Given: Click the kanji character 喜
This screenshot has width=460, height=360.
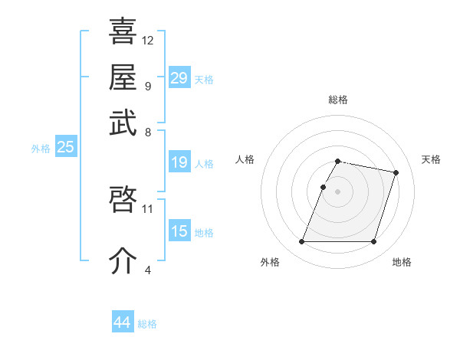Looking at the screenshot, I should coord(123,31).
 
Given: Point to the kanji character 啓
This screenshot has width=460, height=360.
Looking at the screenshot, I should coord(123,200).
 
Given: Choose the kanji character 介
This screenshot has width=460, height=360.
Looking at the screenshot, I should coord(123,260).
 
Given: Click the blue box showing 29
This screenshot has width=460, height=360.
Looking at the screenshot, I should coord(179,78).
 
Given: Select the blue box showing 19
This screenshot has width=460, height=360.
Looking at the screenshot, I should coord(179,162).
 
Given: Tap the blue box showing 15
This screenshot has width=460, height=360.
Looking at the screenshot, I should coord(179,231).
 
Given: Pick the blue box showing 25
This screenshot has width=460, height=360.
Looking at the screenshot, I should coord(65,148).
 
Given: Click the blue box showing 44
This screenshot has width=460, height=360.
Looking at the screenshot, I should coord(122,322).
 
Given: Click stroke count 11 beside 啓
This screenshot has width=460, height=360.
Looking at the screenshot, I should coord(148,208).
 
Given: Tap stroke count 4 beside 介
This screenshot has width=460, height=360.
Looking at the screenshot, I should coord(147,270).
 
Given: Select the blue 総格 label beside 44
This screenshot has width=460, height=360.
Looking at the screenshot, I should coord(147,324).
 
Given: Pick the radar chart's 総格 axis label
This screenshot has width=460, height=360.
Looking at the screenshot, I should coord(338,100).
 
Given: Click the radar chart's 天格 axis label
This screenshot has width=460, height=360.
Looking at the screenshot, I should coord(431,159).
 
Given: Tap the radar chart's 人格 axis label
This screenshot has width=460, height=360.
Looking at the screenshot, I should coord(245,159).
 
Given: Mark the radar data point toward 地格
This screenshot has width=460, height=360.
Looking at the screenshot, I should coord(373,242).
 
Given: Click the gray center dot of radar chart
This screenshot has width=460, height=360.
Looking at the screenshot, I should coord(337,191).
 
